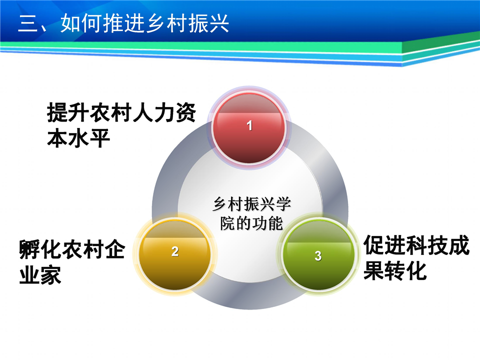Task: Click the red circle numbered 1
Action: point(249,128)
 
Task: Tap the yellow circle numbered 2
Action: point(175,254)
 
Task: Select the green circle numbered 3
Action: point(318,254)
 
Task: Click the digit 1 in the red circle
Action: point(249,125)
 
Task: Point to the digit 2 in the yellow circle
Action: point(175,251)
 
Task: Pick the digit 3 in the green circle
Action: point(318,256)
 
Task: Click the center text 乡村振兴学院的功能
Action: point(251,213)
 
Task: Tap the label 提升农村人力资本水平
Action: point(121,125)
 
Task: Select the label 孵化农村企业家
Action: point(72,261)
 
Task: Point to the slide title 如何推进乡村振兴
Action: point(145,23)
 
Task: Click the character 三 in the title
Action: point(28,23)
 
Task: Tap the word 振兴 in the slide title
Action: point(208,23)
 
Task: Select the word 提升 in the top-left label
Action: point(68,112)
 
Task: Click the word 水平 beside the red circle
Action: point(89,138)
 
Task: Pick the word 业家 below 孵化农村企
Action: point(40,275)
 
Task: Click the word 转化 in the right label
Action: point(405,271)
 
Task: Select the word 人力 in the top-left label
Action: point(153,112)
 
